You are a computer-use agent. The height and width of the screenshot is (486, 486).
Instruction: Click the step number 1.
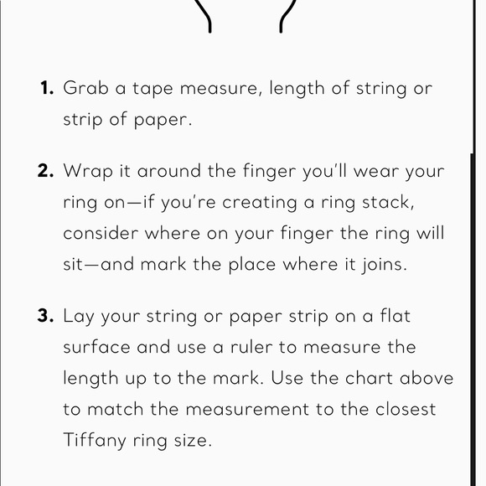pos(47,88)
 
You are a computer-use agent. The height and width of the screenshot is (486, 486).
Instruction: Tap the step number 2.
pos(46,171)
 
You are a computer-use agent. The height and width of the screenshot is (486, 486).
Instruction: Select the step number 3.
pos(46,317)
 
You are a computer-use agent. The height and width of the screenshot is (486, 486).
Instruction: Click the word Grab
pos(86,88)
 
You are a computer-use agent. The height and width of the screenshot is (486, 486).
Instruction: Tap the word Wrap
pos(88,172)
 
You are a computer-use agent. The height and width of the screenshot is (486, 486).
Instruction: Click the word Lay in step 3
pos(80,318)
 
